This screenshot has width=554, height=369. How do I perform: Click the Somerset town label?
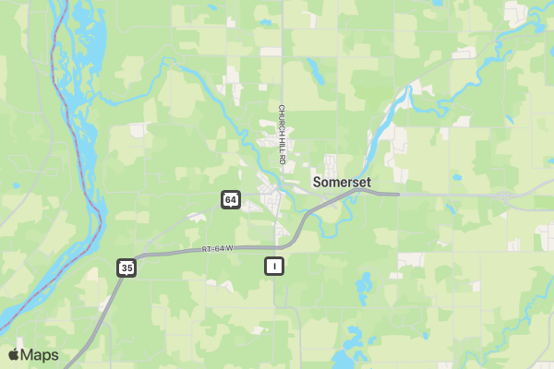(342, 182)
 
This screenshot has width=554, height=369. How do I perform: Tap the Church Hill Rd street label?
(283, 135)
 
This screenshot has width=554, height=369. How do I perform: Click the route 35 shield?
(126, 268)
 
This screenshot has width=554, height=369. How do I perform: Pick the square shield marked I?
(273, 266)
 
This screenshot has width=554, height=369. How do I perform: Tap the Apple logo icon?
(14, 354)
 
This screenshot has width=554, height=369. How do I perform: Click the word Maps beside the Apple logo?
(40, 355)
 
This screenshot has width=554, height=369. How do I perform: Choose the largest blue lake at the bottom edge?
(355, 339)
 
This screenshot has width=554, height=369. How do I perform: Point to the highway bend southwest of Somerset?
(300, 231)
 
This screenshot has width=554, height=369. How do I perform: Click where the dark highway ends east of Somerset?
(398, 195)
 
